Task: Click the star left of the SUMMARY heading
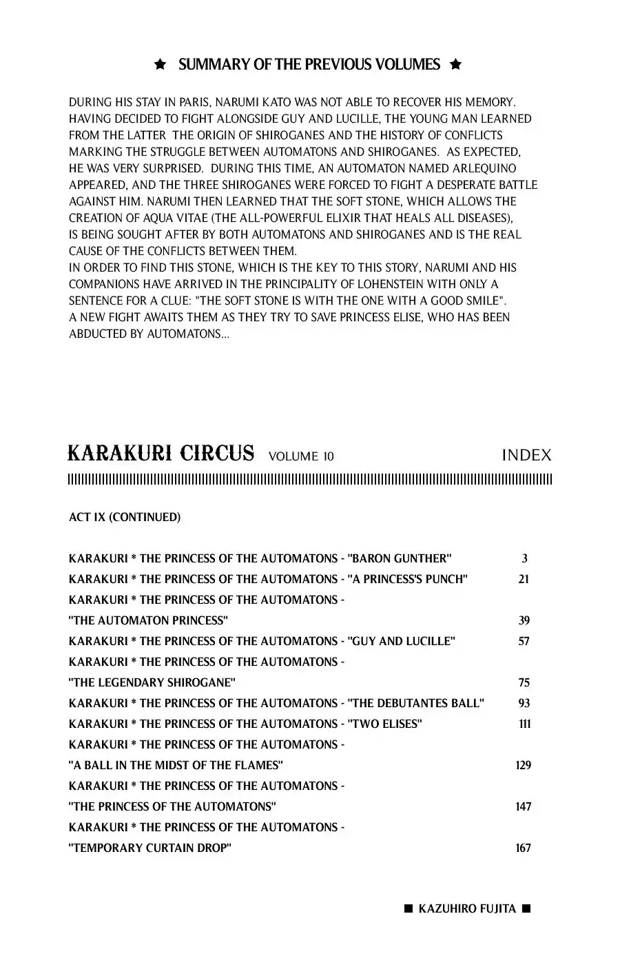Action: tap(160, 65)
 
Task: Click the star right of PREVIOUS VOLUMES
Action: tap(455, 65)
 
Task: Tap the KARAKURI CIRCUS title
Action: tap(161, 454)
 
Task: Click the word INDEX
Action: tap(526, 455)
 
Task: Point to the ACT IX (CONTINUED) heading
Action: tap(125, 517)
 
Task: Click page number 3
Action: tap(525, 558)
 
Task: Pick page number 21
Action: tap(524, 579)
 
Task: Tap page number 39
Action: tap(524, 620)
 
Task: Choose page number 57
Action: tap(524, 641)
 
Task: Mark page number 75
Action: tap(524, 682)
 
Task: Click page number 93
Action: tap(524, 703)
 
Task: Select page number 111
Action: tap(525, 724)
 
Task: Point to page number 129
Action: tap(524, 765)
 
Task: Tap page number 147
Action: tap(524, 806)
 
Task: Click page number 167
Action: tap(524, 848)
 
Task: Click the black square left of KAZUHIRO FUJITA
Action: tap(408, 908)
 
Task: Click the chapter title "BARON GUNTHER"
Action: tap(400, 558)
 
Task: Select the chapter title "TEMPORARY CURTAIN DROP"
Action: tap(150, 848)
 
